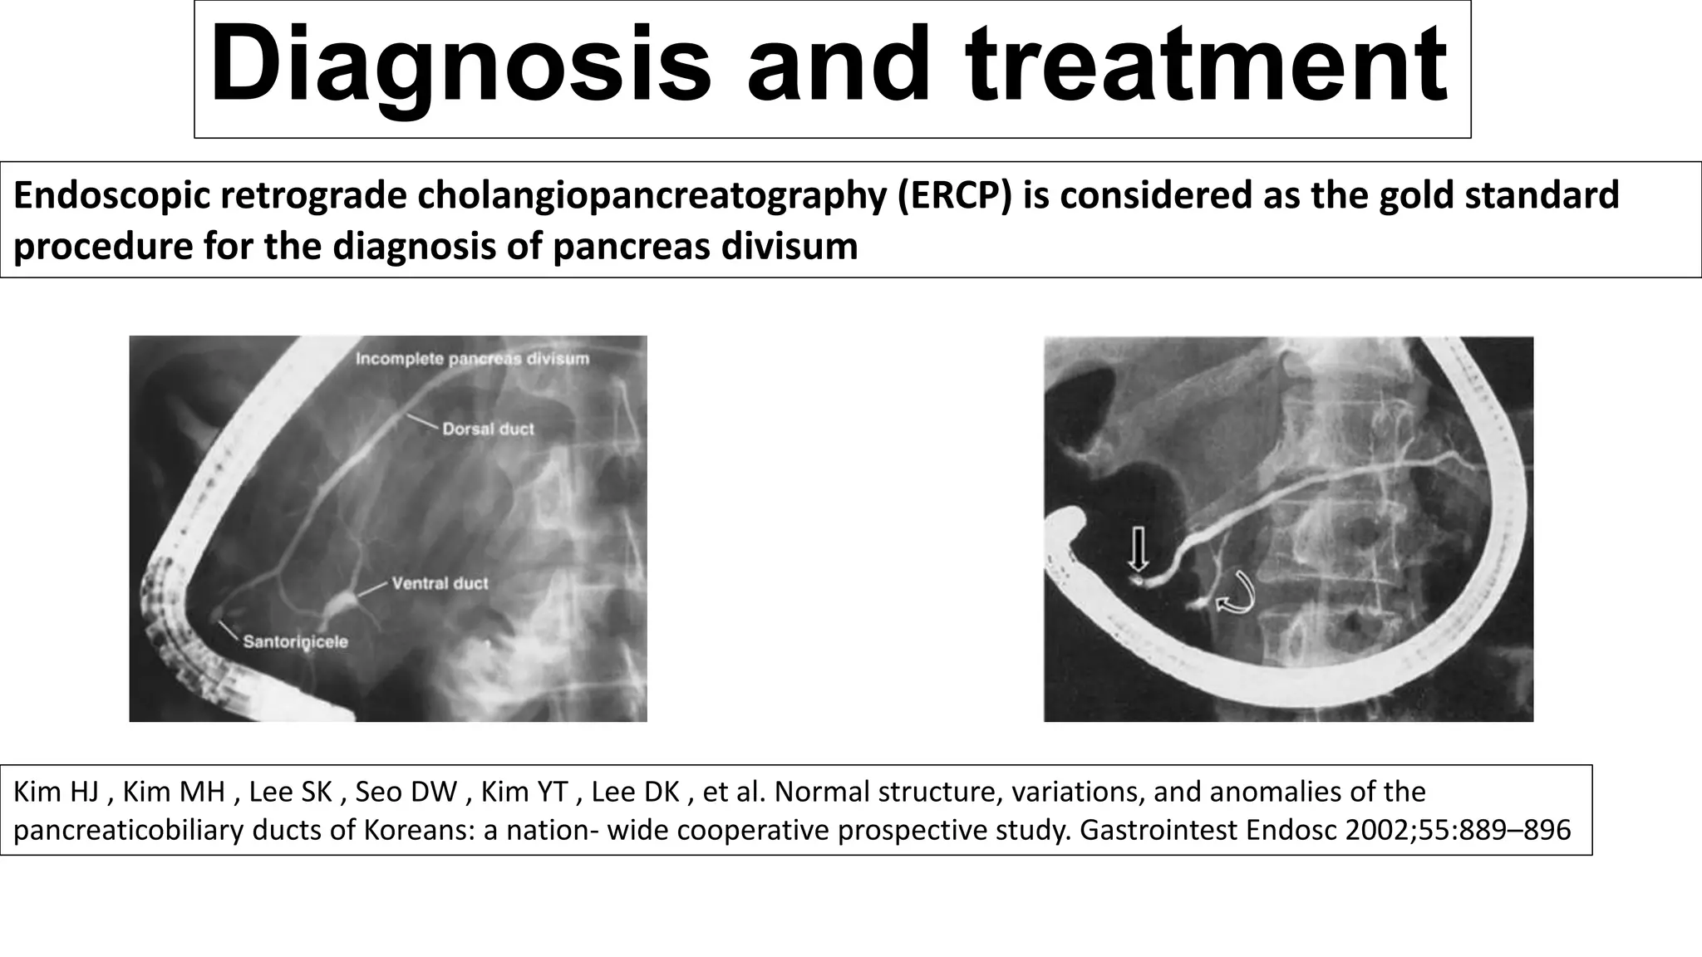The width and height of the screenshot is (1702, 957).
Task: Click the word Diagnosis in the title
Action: [x=460, y=66]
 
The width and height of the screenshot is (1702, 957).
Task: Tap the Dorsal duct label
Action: [x=488, y=429]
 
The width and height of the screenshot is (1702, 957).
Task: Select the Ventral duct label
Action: [x=440, y=583]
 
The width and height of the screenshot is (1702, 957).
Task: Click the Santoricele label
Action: [x=295, y=642]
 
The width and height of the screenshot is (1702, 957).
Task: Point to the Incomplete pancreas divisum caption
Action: [x=472, y=359]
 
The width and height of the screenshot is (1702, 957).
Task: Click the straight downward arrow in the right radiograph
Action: [x=1138, y=548]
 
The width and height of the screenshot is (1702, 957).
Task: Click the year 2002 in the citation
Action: [x=1375, y=830]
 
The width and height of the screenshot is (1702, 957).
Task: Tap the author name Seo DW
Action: [x=406, y=792]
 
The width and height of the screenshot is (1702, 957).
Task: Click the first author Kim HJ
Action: [x=60, y=792]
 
